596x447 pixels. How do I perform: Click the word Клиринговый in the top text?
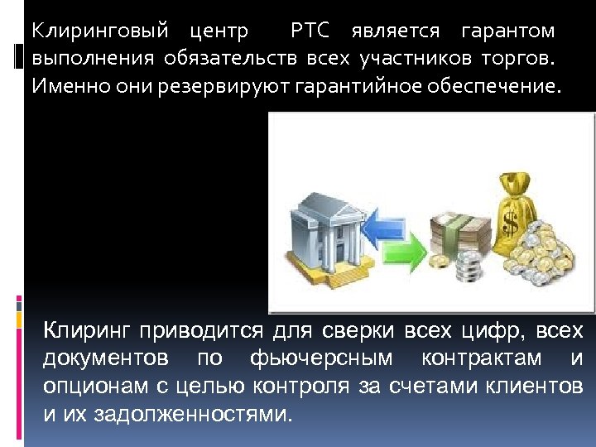(99, 31)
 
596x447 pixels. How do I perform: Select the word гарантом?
(508, 31)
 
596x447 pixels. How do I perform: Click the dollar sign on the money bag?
(510, 217)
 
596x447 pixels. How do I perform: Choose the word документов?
(107, 359)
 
